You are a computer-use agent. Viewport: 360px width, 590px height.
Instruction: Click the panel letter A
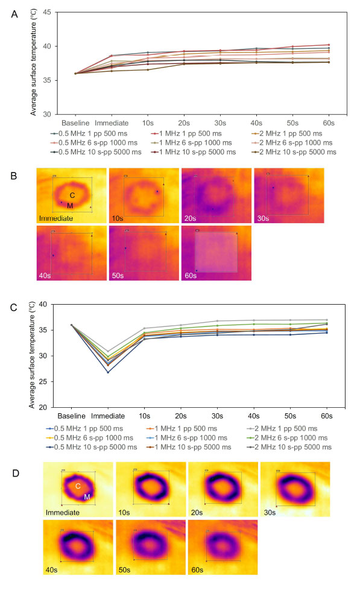pos(14,14)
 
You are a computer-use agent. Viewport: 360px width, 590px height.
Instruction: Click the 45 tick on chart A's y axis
pos(47,12)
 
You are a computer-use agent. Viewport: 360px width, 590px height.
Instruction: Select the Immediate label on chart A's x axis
pos(112,123)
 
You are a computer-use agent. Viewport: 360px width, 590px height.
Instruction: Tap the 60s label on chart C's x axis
pos(326,416)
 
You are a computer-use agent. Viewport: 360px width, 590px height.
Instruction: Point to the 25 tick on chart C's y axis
pos(43,381)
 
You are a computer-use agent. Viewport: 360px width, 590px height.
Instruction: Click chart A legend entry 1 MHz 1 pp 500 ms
pos(191,133)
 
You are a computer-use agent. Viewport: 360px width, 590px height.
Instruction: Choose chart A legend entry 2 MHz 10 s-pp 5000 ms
pos(297,152)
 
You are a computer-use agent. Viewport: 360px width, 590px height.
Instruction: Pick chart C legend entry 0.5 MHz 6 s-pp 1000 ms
pos(93,438)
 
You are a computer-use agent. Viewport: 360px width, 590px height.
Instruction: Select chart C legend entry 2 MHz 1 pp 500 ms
pos(286,428)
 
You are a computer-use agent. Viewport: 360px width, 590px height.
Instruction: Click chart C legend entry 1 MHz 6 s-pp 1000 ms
pos(191,438)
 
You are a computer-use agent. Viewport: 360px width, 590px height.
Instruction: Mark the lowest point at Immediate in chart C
pos(108,372)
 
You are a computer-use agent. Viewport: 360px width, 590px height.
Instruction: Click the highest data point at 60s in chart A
pos(329,45)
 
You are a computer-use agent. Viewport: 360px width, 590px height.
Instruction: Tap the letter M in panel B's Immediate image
pos(70,206)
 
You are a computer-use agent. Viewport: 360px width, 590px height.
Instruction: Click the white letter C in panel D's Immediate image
pos(78,486)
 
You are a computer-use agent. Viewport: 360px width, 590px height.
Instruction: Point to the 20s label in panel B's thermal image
pos(190,218)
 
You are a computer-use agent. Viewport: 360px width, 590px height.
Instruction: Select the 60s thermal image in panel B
pos(216,253)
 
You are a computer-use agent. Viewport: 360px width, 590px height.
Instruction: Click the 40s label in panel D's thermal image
pos(51,569)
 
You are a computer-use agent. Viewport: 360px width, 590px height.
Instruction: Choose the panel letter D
pos(16,473)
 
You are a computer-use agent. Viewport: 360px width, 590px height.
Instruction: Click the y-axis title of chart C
pos(33,355)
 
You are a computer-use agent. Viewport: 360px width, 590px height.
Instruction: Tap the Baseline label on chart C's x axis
pos(72,416)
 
